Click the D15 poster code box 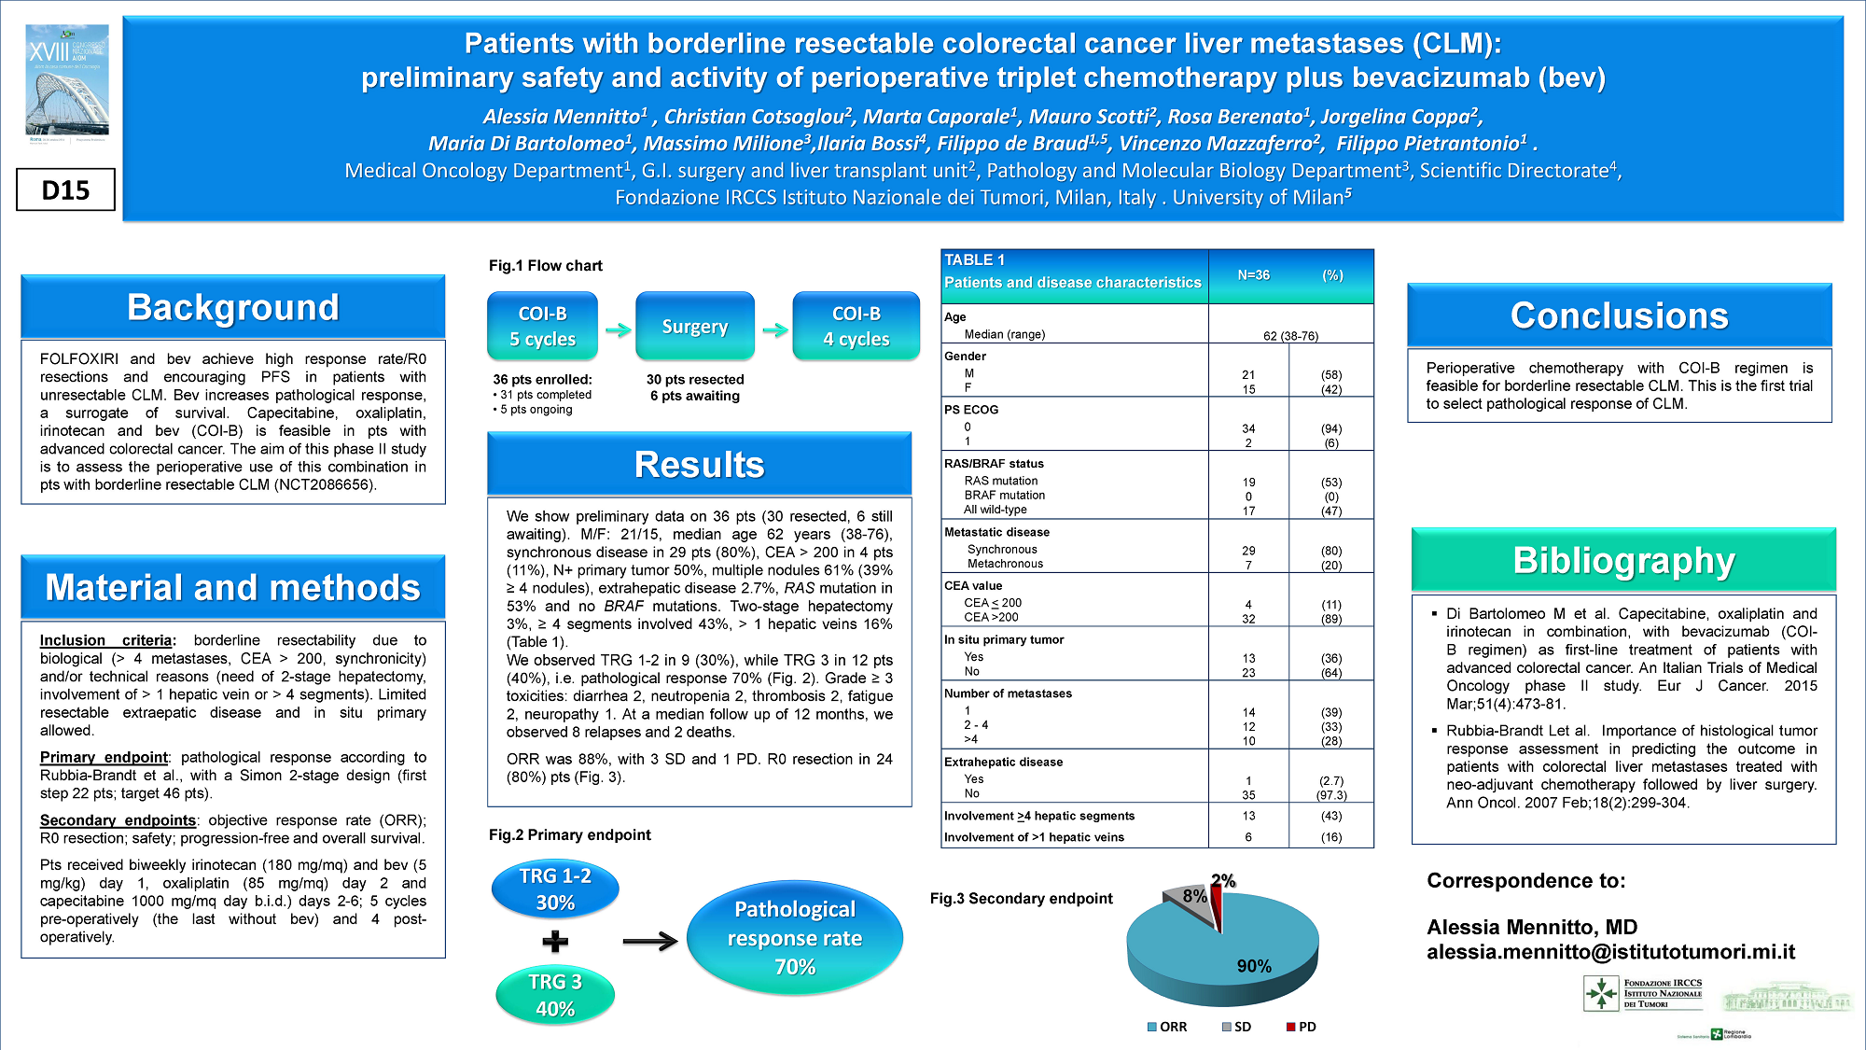coord(65,189)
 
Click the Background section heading coord(233,307)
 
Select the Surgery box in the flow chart coord(694,326)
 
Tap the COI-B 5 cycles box coord(542,326)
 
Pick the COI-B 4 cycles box coord(856,326)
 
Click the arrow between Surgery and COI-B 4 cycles coord(774,329)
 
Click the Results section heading coord(699,464)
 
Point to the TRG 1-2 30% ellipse coord(555,889)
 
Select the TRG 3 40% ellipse coord(555,995)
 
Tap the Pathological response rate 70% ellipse coord(795,938)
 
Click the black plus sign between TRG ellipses coord(555,941)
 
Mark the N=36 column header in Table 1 coord(1253,275)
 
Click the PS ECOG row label coord(971,410)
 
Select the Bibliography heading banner coord(1623,560)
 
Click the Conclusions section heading coord(1619,315)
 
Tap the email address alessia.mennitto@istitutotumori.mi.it coord(1610,952)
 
